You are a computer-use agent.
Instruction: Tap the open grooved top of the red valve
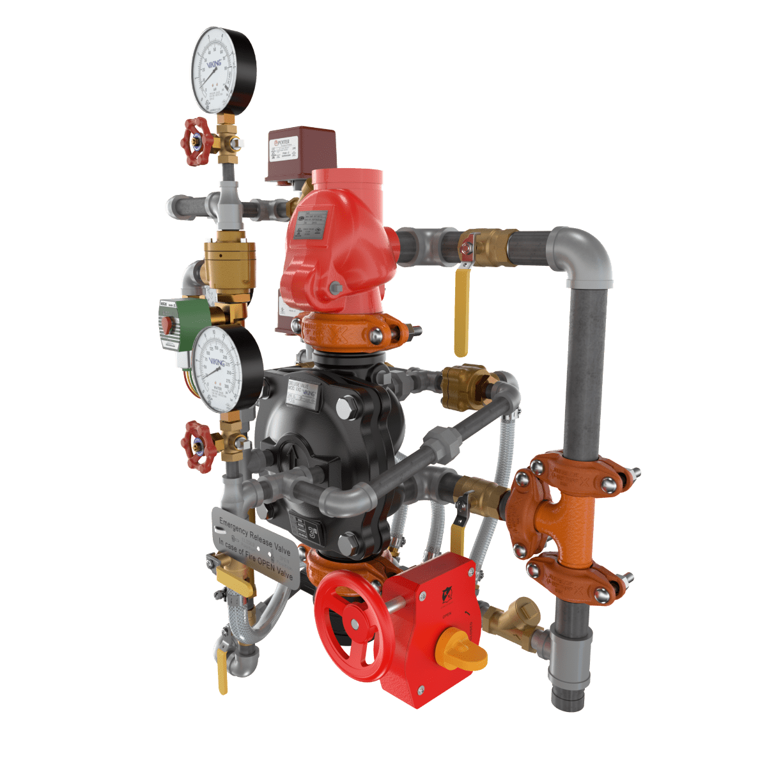click(x=349, y=176)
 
